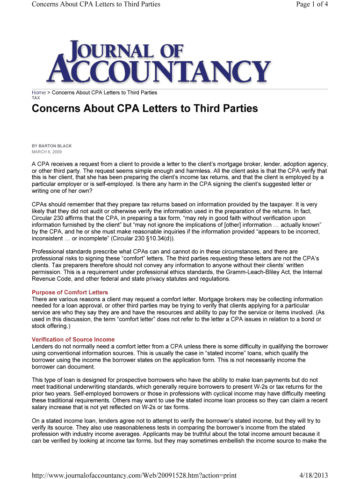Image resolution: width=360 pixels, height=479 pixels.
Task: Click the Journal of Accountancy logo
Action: [158, 61]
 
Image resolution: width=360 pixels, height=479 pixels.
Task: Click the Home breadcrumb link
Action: [38, 93]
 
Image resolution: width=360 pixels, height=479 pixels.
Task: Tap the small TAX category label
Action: [36, 98]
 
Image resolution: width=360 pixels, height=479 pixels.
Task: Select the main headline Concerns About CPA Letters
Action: [144, 109]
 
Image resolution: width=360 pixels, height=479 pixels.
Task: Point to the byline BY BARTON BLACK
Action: [51, 146]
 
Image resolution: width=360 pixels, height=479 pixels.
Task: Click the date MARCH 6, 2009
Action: [46, 152]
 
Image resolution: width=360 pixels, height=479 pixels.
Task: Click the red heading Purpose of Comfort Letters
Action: [70, 293]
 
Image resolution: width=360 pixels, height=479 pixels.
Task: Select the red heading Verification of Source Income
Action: [73, 340]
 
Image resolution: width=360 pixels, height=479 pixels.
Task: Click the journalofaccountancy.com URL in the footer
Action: [134, 475]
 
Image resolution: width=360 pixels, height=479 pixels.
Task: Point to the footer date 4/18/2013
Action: [314, 475]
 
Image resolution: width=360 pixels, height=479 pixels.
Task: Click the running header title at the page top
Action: [96, 4]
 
